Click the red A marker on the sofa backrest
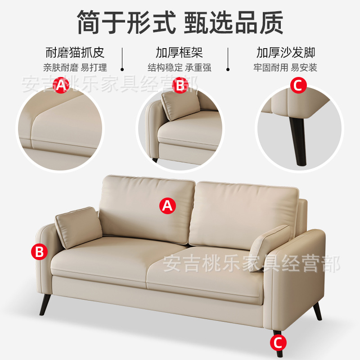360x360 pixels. [167, 206]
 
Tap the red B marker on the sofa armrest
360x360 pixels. [40, 252]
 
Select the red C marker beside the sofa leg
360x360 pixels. [278, 343]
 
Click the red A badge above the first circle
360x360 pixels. [61, 85]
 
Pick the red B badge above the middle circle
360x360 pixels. [180, 85]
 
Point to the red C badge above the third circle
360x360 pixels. [297, 85]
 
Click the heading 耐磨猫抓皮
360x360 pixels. [75, 53]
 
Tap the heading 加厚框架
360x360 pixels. [180, 53]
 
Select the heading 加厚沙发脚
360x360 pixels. [286, 53]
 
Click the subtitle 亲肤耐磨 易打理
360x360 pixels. [75, 68]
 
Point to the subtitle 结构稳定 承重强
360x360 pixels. [180, 68]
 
